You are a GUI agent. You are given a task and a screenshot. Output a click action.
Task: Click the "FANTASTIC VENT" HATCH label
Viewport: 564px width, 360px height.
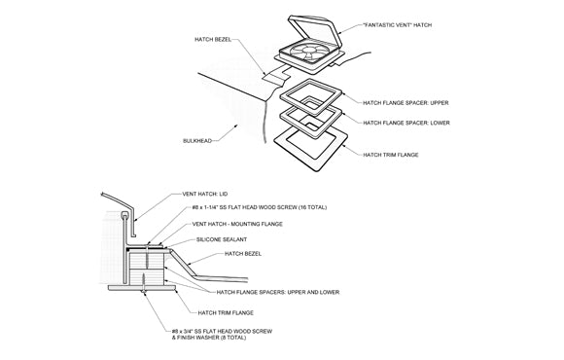pos(397,25)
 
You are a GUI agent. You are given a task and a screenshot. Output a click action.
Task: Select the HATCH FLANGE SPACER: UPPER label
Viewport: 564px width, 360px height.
pos(405,103)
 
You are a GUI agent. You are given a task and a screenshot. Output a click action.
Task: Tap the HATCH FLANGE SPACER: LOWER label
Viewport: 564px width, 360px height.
pos(406,123)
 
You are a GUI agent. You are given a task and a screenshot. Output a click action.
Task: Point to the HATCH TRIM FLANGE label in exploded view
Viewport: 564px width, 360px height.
pos(391,155)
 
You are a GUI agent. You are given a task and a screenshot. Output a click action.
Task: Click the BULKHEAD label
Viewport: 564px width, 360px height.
pos(197,141)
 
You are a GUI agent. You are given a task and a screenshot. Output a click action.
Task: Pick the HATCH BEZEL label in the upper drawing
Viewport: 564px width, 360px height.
pos(213,39)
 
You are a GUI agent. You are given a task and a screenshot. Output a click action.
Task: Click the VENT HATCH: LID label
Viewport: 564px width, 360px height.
pos(205,194)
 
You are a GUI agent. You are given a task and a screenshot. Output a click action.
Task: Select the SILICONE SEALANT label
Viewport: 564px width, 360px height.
pos(222,239)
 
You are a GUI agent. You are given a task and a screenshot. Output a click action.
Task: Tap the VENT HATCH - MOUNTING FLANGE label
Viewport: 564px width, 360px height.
pos(237,224)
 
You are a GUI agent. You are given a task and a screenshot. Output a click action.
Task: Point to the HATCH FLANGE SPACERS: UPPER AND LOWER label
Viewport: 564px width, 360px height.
pos(278,292)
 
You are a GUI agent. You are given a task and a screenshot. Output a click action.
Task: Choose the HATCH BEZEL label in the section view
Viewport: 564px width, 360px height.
pos(243,254)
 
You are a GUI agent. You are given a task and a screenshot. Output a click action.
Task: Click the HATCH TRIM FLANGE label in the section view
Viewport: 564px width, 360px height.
pos(226,313)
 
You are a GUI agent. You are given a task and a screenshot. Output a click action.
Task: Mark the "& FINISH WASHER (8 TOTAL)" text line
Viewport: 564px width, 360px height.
pos(209,338)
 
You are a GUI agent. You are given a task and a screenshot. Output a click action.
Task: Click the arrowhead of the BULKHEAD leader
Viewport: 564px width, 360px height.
pos(235,126)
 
